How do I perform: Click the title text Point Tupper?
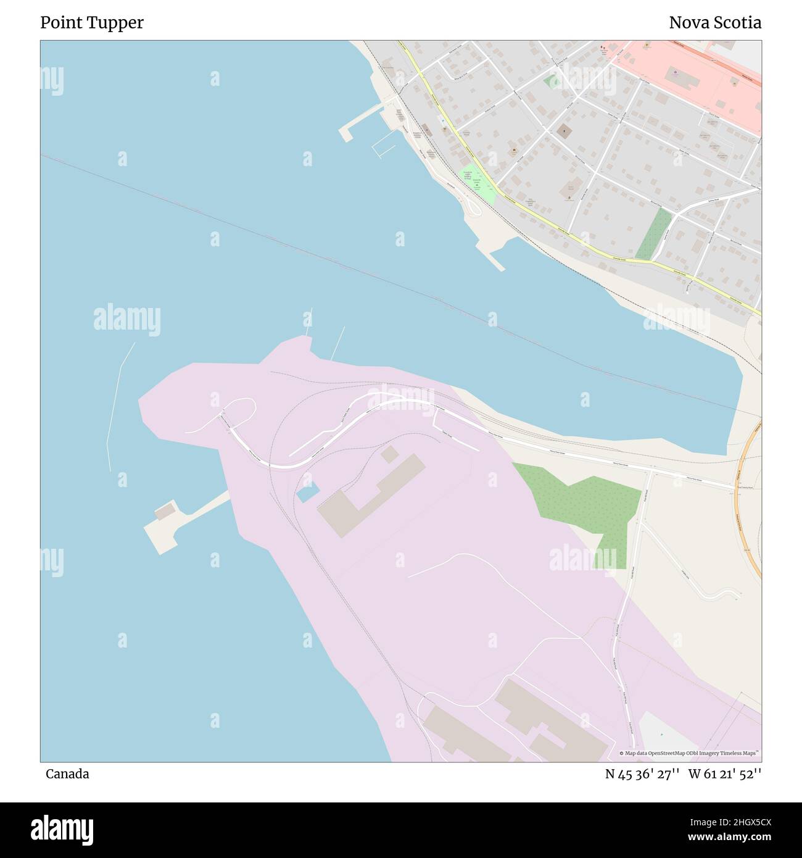coord(92,23)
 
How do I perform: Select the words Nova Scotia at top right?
coord(715,23)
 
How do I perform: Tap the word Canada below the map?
coord(67,774)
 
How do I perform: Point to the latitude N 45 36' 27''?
coord(642,774)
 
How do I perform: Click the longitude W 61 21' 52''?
coord(725,774)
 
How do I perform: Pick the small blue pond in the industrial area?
coord(308,492)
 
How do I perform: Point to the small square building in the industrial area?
coord(389,454)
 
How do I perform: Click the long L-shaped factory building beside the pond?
coord(364,494)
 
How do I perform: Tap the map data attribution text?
coord(690,753)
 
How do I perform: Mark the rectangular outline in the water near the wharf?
coord(383,150)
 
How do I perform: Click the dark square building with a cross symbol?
coord(563,131)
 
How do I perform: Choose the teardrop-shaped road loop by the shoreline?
coord(474,207)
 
